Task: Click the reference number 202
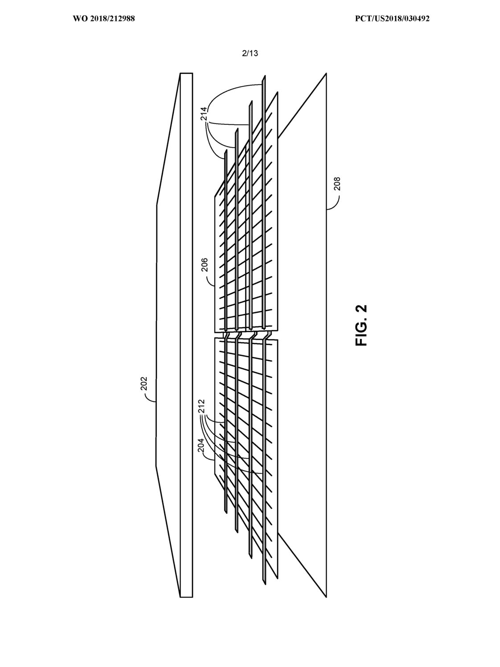144,384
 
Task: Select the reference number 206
205,265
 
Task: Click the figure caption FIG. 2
361,325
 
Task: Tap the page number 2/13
250,53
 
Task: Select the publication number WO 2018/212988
104,19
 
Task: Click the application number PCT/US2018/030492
392,19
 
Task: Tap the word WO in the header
79,19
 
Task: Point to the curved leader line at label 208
334,202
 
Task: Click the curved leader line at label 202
150,395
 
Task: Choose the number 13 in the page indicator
254,53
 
